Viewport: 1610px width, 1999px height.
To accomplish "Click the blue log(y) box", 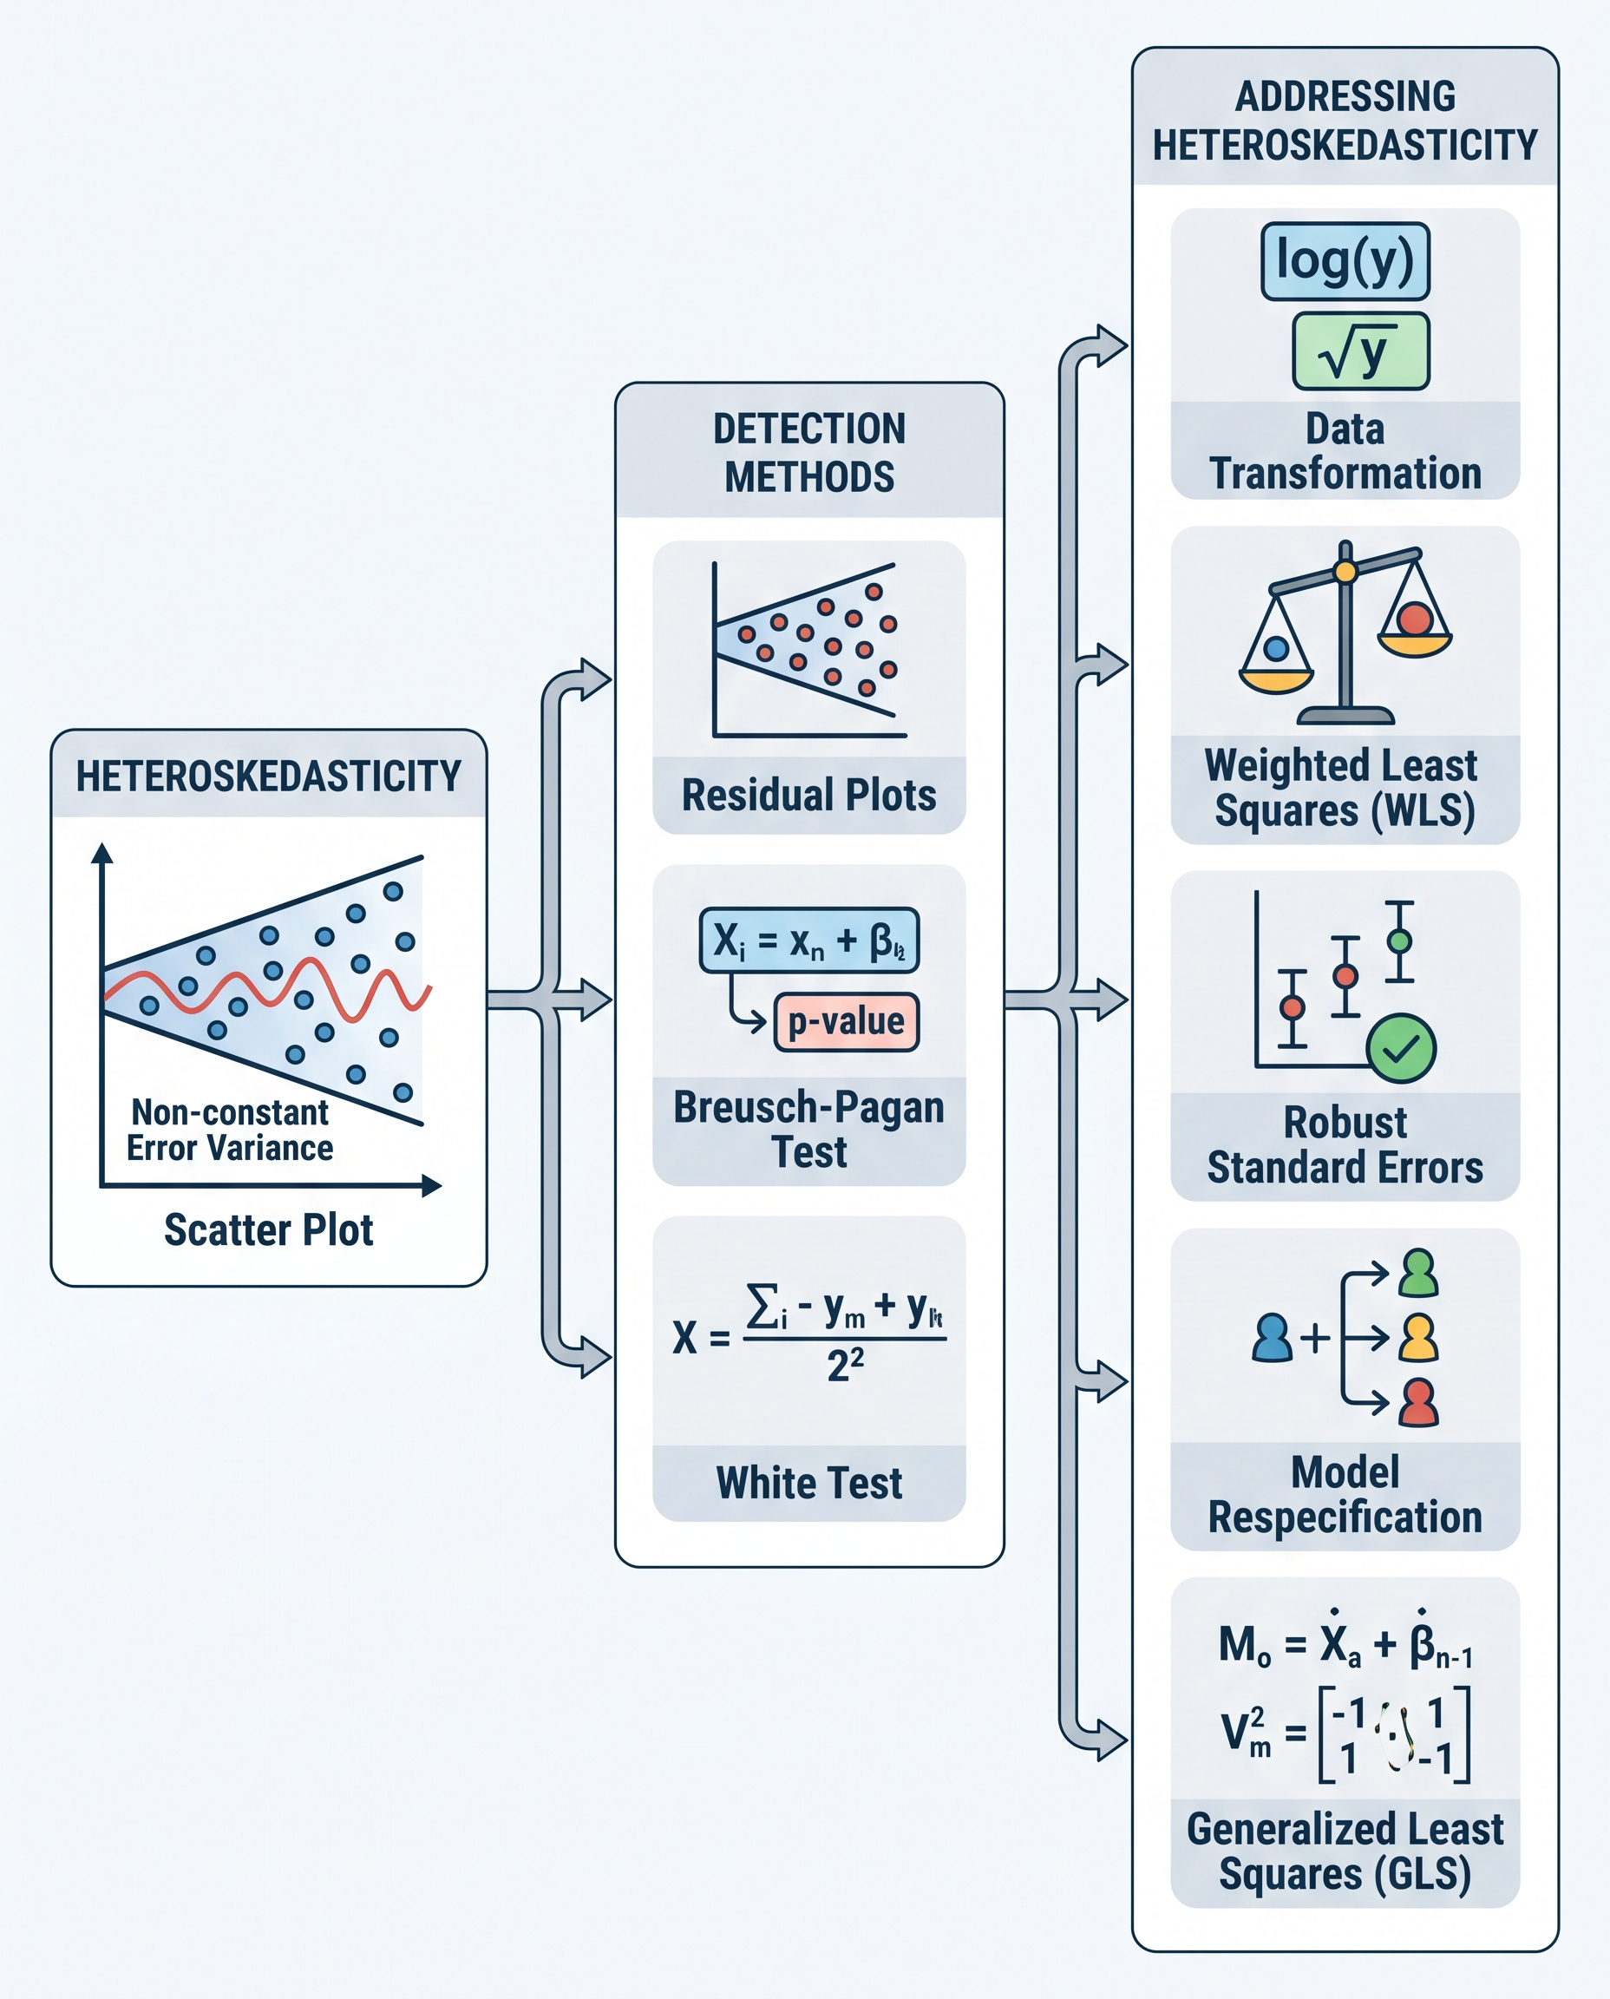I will [1345, 260].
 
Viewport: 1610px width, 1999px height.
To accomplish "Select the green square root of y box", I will [1360, 351].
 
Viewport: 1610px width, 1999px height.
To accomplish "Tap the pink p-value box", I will [846, 1021].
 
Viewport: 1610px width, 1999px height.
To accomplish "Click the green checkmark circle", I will [1400, 1048].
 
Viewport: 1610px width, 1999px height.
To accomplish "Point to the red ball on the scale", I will [1415, 618].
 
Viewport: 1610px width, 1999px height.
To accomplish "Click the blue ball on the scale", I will [1276, 648].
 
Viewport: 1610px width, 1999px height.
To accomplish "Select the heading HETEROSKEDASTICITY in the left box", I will [268, 776].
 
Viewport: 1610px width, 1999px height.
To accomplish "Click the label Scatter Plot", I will [268, 1230].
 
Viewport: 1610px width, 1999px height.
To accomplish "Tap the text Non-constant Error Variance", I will [230, 1130].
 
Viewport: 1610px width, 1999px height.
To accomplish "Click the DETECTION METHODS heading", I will [808, 453].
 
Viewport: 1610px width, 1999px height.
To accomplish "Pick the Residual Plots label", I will [808, 795].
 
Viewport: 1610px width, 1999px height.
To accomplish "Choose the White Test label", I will [808, 1482].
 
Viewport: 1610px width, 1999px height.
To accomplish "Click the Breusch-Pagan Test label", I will [808, 1129].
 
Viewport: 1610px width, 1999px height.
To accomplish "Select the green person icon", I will [1419, 1273].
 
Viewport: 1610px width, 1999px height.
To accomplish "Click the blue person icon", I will [1272, 1338].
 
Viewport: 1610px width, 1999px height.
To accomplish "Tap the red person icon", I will [1419, 1403].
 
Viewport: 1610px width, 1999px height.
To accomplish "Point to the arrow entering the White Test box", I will [593, 1358].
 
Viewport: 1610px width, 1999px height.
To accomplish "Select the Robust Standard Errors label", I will [1345, 1144].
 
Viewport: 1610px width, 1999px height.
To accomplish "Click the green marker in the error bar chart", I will [1398, 941].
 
